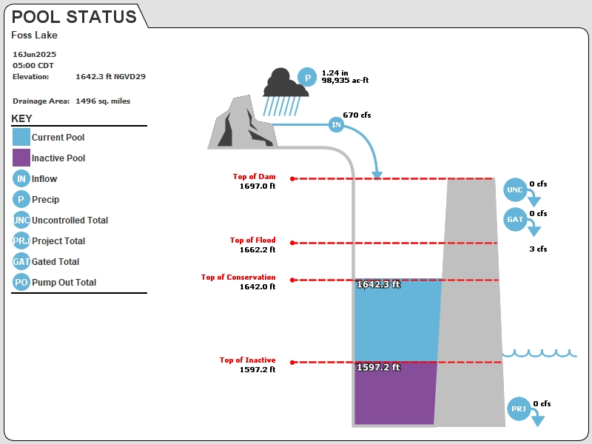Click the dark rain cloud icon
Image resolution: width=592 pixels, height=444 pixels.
click(286, 82)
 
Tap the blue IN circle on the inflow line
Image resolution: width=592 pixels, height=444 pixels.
click(336, 124)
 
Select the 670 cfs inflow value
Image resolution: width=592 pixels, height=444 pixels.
click(357, 115)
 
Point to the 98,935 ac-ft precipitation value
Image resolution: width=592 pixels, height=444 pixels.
click(345, 81)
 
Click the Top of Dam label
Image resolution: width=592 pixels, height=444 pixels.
click(254, 176)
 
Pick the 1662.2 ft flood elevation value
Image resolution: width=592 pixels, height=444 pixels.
click(258, 249)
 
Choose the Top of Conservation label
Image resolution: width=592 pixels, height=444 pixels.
click(238, 277)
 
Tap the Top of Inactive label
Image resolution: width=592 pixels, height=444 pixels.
click(248, 360)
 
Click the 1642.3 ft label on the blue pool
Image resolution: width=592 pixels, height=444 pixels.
click(378, 284)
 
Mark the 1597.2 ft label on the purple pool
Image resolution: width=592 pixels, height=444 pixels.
click(378, 367)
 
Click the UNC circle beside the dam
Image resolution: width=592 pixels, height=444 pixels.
click(515, 190)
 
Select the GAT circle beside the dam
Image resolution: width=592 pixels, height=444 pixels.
click(515, 219)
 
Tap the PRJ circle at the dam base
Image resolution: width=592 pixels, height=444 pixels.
click(519, 409)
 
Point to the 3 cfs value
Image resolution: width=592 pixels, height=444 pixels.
click(538, 249)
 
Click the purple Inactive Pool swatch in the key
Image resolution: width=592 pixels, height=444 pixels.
click(21, 158)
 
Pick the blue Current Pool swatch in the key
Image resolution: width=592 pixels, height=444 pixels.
click(21, 137)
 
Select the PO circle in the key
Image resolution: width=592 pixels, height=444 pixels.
click(21, 282)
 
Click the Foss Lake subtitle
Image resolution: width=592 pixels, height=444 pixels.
click(34, 35)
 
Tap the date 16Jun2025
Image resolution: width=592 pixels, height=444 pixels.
click(34, 54)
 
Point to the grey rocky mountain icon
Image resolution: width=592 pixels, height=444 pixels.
click(243, 122)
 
